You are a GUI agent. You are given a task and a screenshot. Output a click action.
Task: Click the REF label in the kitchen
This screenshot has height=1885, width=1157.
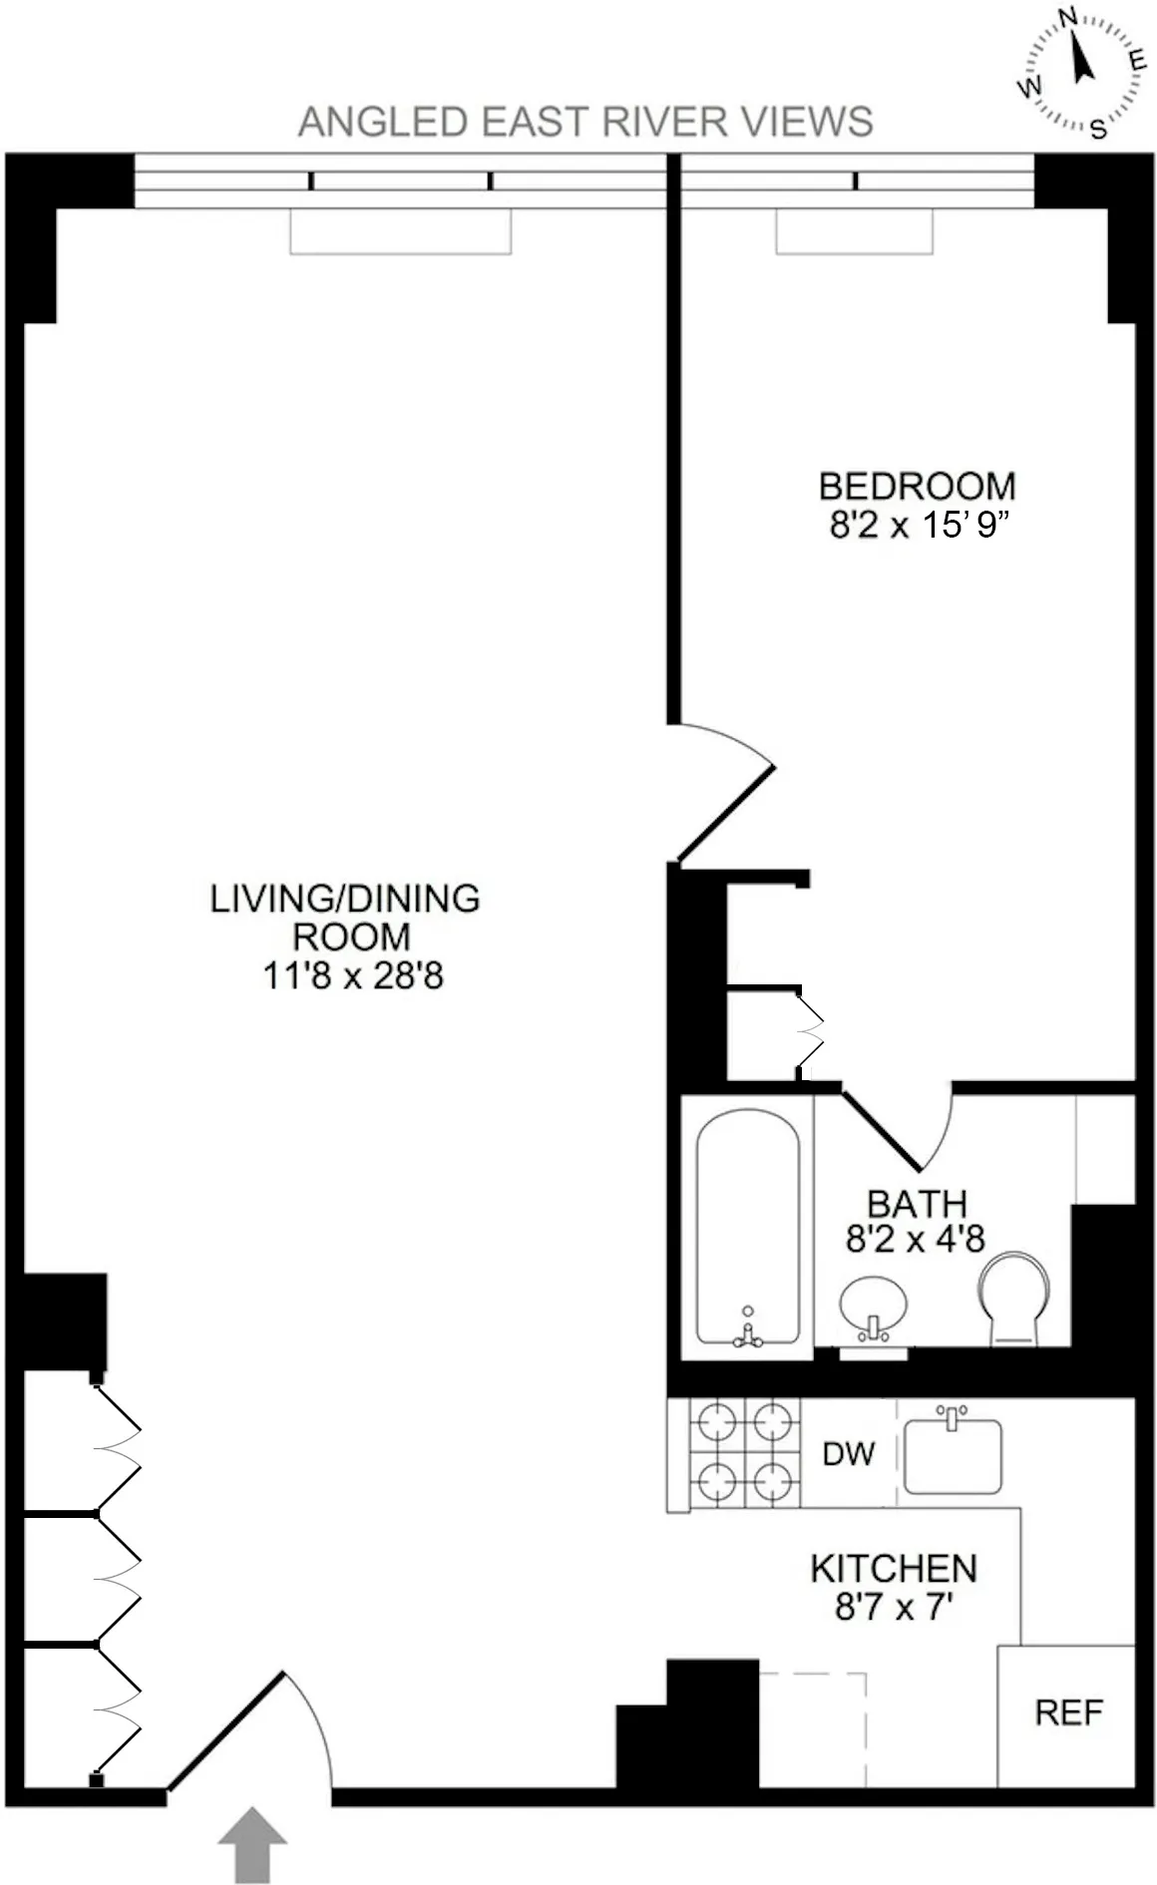1068,1712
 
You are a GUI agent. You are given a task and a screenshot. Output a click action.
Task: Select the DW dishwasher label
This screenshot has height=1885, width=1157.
848,1454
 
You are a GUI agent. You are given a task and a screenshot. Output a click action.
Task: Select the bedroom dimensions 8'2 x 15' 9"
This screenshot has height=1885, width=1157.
914,525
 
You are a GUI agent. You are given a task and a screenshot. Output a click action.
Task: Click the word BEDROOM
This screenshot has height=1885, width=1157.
917,487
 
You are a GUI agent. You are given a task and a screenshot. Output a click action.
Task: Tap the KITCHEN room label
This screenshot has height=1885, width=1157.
893,1569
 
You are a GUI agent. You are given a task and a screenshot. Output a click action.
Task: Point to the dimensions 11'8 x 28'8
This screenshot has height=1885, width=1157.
352,975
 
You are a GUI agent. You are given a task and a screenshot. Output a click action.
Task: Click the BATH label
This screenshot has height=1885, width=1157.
917,1204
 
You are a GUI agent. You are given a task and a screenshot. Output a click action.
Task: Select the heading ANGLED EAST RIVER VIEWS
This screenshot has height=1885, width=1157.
585,122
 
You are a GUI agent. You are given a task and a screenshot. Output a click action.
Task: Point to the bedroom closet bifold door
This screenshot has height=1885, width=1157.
811,1034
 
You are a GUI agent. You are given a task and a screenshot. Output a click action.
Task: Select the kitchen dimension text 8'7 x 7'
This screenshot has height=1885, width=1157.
895,1607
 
